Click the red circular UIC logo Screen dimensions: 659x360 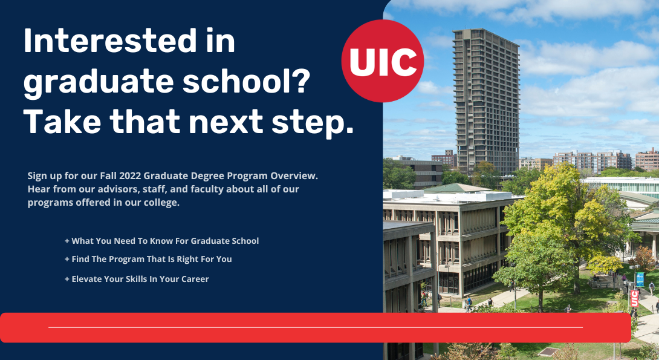pyautogui.click(x=383, y=61)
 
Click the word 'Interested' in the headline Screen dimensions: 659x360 pyautogui.click(x=110, y=41)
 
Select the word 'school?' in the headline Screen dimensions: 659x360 pyautogui.click(x=246, y=80)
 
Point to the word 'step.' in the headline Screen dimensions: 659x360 pyautogui.click(x=313, y=122)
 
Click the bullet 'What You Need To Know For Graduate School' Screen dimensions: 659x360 pyautogui.click(x=162, y=241)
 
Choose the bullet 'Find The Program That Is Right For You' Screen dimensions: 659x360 pyautogui.click(x=148, y=259)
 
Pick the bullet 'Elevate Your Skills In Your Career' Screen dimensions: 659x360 pyautogui.click(x=137, y=279)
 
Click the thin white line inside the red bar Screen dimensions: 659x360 pyautogui.click(x=316, y=327)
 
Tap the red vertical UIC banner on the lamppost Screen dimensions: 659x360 pyautogui.click(x=634, y=298)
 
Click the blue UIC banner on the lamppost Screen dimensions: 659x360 pyautogui.click(x=640, y=280)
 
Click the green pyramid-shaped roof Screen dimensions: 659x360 pyautogui.click(x=457, y=188)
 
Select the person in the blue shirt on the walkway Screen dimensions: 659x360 pyautogui.click(x=469, y=302)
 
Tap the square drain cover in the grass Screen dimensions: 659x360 pyautogui.click(x=549, y=351)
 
